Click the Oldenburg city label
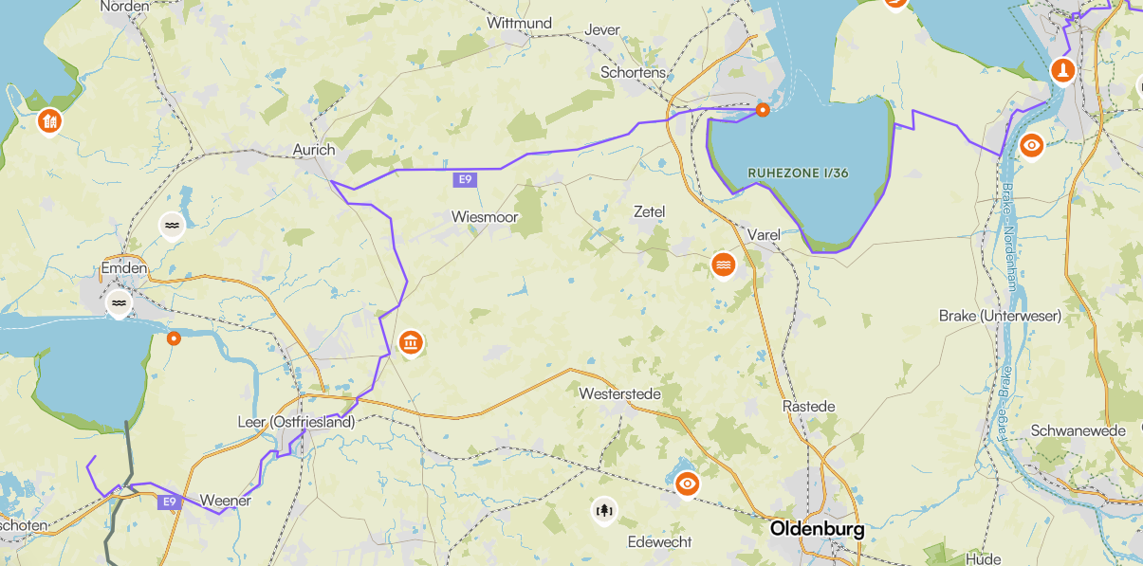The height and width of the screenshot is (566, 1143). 817,528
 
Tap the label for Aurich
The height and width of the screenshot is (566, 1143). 313,150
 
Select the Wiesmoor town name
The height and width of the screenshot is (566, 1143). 485,217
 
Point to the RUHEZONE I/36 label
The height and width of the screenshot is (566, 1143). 798,173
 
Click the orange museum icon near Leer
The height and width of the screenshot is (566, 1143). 411,342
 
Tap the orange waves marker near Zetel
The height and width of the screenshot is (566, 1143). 724,265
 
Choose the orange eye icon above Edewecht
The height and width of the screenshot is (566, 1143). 688,484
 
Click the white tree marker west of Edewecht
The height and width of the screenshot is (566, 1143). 603,511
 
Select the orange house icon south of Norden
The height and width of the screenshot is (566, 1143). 49,120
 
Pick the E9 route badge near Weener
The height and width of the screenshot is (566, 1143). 170,502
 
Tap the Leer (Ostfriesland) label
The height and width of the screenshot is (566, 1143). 295,422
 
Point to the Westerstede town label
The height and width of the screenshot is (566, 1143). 619,393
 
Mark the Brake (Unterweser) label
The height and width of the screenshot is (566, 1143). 1000,315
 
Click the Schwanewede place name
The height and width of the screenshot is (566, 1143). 1078,430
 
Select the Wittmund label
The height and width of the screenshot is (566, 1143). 519,23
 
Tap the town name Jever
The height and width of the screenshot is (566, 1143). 602,29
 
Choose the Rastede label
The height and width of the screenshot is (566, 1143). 808,406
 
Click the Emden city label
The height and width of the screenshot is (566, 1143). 124,268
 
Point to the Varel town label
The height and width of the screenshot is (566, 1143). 764,234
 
